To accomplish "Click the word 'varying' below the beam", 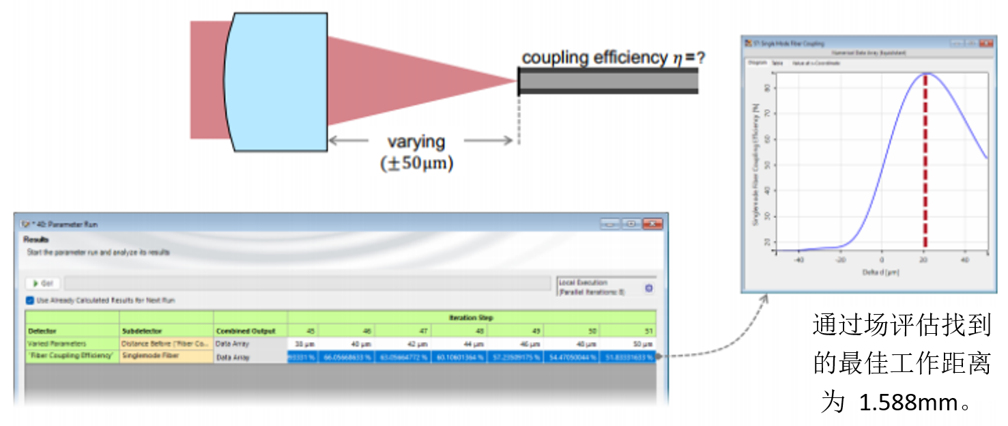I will point(416,142).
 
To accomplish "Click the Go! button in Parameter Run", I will point(43,283).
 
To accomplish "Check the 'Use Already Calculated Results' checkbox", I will point(30,300).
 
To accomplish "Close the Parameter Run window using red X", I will point(652,224).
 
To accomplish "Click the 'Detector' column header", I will point(42,331).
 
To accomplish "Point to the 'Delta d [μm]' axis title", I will point(881,272).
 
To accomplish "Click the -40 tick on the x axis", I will point(799,260).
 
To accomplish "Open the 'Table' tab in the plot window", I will point(778,63).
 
